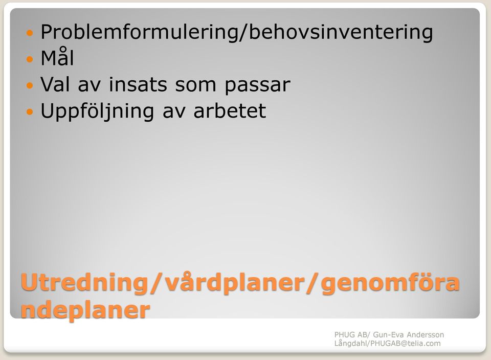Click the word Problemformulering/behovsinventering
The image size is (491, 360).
click(237, 32)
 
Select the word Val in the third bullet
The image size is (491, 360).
click(55, 84)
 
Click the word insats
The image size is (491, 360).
click(138, 84)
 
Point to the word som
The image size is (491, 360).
click(195, 85)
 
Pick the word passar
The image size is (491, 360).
click(257, 86)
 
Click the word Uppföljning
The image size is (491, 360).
click(97, 111)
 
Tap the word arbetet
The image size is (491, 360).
click(230, 110)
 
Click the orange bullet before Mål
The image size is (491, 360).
click(30, 59)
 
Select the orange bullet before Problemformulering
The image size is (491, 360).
click(30, 33)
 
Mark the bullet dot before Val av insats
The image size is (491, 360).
click(30, 85)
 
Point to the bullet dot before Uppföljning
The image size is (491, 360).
click(30, 111)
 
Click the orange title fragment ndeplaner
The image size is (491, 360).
click(85, 310)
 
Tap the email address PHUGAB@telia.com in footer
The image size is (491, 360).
click(406, 344)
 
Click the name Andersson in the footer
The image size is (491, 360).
click(425, 334)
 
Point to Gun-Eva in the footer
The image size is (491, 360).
click(388, 334)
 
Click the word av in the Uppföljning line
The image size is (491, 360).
click(174, 112)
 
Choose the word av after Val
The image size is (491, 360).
click(89, 86)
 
